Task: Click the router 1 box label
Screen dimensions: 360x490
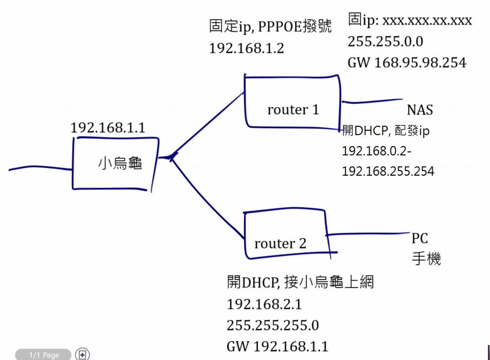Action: pos(293,110)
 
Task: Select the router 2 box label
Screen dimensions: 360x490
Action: pos(280,244)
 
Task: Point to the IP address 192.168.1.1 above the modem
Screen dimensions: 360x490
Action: pos(108,128)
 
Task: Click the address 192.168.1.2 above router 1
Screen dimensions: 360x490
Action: pos(246,48)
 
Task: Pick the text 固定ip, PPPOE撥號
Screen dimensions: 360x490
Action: pos(270,26)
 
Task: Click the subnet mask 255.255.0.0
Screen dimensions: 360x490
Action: pos(385,42)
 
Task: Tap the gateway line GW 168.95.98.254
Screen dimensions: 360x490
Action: pos(407,62)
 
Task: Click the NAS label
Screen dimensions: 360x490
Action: pos(420,110)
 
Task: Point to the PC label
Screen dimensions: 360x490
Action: pos(420,238)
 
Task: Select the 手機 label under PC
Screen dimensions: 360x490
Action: pos(426,259)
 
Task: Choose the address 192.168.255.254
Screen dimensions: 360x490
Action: pos(388,171)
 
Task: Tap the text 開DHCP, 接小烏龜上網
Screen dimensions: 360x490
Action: pos(300,282)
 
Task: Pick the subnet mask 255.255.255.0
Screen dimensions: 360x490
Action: pos(273,326)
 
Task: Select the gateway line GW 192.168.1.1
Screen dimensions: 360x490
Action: pos(278,347)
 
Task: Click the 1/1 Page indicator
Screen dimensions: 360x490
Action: pos(44,355)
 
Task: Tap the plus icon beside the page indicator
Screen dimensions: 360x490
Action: pos(83,355)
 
